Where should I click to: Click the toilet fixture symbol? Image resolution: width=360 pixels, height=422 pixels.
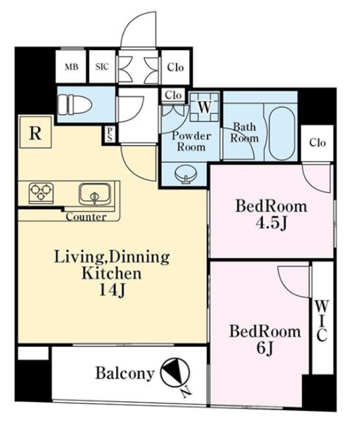tap(75, 104)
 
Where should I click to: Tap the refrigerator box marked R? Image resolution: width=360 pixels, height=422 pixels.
tap(35, 132)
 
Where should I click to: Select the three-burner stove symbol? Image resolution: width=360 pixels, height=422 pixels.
tap(41, 193)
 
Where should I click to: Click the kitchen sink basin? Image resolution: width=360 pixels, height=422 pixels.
tap(95, 195)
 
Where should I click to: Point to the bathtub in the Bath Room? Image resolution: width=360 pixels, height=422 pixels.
tap(282, 134)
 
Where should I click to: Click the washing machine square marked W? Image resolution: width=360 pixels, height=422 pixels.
tap(205, 107)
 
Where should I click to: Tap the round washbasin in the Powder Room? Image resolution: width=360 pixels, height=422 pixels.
tap(185, 175)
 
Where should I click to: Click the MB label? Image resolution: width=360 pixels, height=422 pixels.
tap(72, 67)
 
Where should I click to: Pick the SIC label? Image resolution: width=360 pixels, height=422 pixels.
tap(102, 67)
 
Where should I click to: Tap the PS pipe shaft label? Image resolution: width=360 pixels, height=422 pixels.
tap(110, 135)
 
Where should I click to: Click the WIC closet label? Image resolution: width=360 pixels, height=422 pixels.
tap(322, 321)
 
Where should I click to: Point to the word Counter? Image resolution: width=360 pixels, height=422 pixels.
tap(86, 217)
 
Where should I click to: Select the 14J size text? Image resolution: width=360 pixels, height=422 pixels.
tap(112, 290)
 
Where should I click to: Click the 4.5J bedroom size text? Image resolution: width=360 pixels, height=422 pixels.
tap(271, 223)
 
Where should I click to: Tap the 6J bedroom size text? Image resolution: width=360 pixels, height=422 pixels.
tap(265, 349)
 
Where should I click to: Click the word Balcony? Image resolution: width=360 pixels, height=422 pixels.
tap(125, 373)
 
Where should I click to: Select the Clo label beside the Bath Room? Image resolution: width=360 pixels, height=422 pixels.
tap(318, 142)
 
